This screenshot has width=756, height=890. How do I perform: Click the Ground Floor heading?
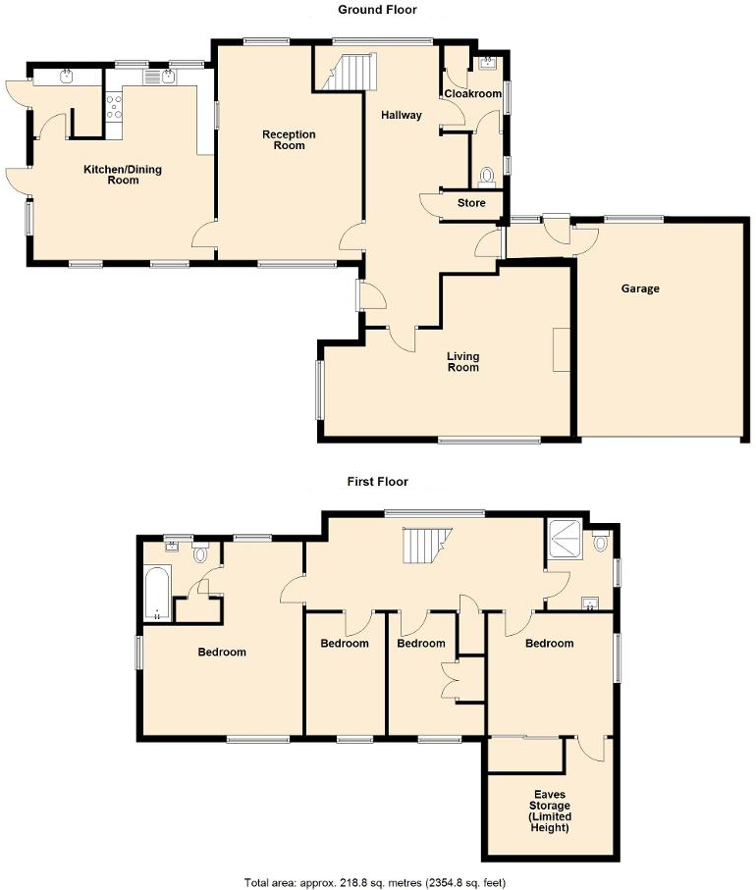(377, 10)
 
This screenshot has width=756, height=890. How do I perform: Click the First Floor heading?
(377, 482)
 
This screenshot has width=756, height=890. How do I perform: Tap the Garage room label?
(640, 288)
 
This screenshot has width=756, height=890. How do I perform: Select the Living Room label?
(462, 362)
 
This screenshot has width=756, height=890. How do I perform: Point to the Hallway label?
(401, 115)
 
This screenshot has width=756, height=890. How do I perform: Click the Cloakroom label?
(467, 94)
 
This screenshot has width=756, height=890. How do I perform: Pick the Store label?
(471, 204)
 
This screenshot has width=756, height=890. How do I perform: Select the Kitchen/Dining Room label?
(123, 175)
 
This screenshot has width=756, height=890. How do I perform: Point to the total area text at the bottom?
(377, 881)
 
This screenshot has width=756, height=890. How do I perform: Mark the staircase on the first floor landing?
(424, 544)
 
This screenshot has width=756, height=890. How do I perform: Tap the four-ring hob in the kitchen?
(113, 104)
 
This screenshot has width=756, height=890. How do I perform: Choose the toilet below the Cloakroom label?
(485, 177)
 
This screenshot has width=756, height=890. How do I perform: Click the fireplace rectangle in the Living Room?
(561, 349)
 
